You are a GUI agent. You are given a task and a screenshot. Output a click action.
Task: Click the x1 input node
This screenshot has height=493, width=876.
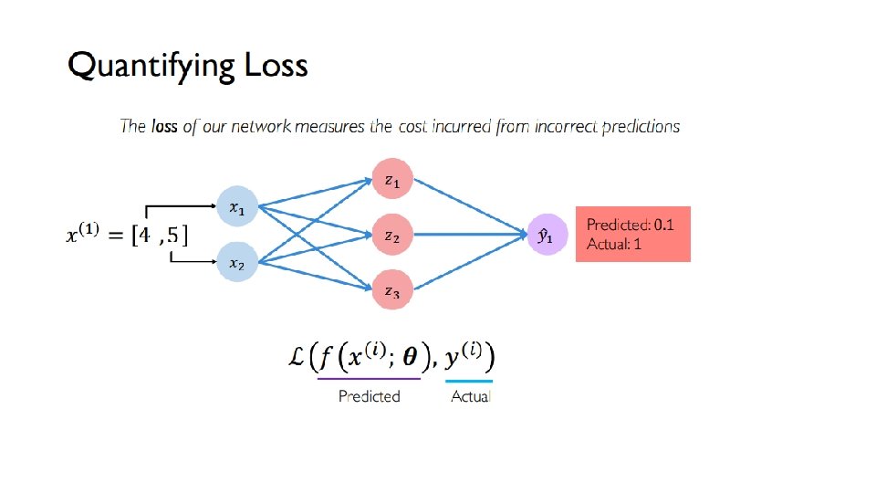tap(237, 208)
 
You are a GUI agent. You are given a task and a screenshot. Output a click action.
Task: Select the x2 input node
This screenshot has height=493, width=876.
tap(237, 263)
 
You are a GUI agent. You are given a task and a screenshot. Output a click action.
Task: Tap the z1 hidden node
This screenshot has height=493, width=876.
tap(391, 180)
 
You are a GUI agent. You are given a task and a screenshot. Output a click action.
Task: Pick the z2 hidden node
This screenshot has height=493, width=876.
tap(391, 236)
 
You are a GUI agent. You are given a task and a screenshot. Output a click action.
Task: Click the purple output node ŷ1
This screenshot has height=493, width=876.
tap(546, 236)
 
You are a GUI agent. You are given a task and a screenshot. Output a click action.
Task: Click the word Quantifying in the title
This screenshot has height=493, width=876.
tap(150, 67)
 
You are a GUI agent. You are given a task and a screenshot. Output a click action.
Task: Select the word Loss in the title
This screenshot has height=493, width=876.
tap(276, 67)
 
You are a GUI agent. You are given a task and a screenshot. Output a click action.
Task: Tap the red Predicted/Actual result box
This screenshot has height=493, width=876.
tap(632, 234)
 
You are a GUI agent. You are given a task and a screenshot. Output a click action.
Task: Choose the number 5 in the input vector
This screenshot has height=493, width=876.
tap(173, 236)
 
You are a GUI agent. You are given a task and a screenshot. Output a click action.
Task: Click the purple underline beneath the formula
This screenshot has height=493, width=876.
tap(369, 378)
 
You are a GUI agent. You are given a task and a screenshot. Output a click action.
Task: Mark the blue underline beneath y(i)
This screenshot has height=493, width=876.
tap(469, 380)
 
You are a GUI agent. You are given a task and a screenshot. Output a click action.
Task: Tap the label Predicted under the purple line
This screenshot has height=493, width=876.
tap(369, 396)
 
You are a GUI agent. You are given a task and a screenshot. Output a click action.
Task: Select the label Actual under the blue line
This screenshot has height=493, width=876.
tap(470, 396)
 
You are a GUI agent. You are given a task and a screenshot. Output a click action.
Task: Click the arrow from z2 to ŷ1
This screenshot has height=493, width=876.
tap(465, 236)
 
